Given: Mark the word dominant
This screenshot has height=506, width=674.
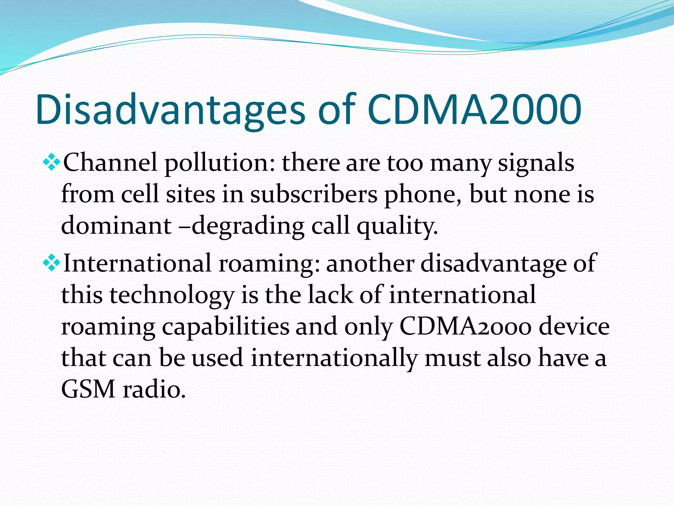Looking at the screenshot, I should pos(116,226).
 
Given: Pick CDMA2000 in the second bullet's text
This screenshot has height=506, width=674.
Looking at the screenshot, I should pos(465,327).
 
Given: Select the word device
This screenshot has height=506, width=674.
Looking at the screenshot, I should pos(574,327).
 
